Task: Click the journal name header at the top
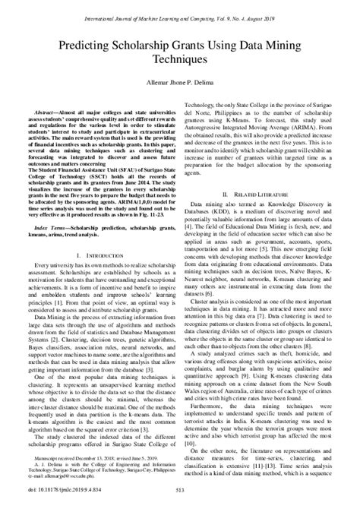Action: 180,7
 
